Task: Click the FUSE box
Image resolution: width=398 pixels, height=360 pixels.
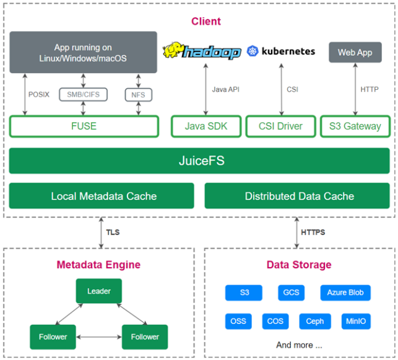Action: click(x=84, y=126)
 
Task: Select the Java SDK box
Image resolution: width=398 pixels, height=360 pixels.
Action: click(x=205, y=126)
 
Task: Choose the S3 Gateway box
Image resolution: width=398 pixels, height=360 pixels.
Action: click(x=355, y=126)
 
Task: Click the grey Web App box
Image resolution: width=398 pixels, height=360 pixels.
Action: click(x=355, y=52)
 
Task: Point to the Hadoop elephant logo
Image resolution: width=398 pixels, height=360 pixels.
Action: click(x=175, y=50)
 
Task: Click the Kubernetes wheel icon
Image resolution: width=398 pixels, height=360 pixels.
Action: click(x=252, y=51)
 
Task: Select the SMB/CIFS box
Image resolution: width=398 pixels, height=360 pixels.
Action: click(x=83, y=95)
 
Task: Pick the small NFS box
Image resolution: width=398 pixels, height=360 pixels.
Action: click(x=138, y=95)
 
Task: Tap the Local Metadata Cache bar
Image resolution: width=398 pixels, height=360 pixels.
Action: click(x=102, y=196)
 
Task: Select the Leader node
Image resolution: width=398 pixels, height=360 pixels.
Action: click(x=98, y=291)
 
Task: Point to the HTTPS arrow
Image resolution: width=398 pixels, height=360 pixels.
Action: click(x=296, y=232)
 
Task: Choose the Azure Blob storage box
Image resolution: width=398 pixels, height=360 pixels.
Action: click(x=345, y=292)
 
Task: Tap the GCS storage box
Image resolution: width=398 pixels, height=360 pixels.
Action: click(x=290, y=292)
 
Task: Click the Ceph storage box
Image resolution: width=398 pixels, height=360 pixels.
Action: click(x=314, y=322)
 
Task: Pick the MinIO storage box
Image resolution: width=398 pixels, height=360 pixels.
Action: click(x=356, y=322)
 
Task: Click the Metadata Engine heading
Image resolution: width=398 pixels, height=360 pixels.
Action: click(x=98, y=265)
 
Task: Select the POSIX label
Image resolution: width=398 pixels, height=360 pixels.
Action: click(x=39, y=95)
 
